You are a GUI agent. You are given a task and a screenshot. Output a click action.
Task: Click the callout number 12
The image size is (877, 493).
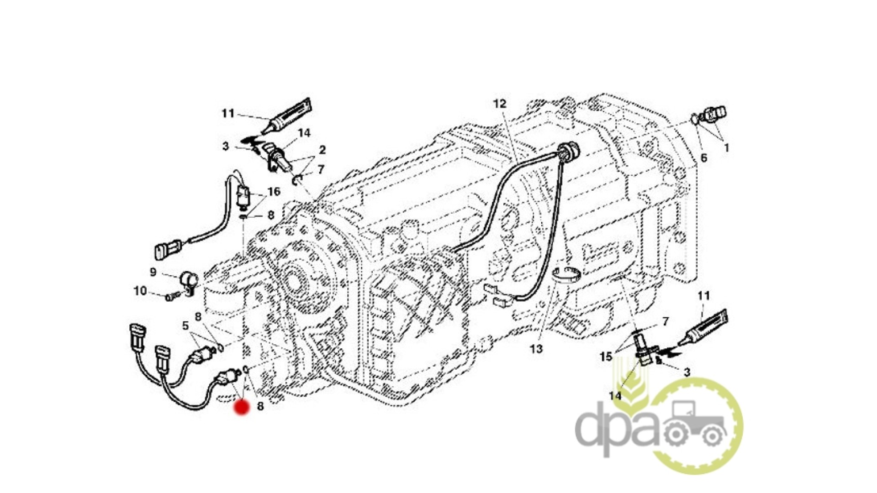tap(500, 104)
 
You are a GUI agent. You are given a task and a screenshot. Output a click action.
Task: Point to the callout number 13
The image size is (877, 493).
tap(536, 349)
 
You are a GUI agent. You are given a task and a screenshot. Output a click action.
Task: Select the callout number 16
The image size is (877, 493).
tap(274, 191)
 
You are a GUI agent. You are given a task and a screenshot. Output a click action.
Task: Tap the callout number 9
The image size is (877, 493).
tap(153, 272)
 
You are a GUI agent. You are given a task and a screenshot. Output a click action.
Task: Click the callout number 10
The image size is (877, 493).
tap(140, 291)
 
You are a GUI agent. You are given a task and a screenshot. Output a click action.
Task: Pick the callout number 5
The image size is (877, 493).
tap(185, 326)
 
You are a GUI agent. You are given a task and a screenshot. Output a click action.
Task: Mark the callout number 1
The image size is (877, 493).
tap(726, 148)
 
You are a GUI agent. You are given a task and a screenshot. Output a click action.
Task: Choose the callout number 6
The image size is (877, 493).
tap(703, 158)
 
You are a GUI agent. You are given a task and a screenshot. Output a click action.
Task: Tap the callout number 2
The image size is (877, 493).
tap(322, 150)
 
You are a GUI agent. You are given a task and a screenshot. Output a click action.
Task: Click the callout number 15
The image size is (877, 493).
tap(606, 357)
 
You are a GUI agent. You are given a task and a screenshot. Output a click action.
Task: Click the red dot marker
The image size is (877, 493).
tap(241, 407)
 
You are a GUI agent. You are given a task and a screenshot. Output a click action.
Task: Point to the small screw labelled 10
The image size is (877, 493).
tap(171, 297)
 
